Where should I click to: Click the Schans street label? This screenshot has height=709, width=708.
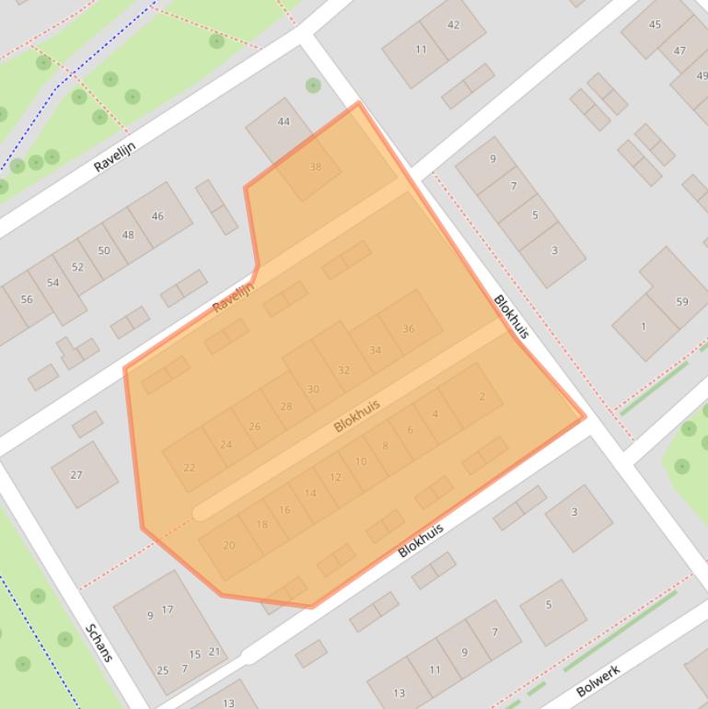(99, 643)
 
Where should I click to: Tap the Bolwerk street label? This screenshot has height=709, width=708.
(598, 680)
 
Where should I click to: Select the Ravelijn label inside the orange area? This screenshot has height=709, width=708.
(233, 297)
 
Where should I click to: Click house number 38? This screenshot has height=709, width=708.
(316, 167)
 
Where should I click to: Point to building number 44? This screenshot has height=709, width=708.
(284, 122)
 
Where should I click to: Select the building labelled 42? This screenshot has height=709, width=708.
(453, 25)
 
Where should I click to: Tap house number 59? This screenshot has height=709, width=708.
(682, 301)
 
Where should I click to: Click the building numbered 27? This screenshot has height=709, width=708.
(76, 475)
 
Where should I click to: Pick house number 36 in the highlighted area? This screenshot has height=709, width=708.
(408, 329)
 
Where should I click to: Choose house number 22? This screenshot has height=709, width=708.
(190, 468)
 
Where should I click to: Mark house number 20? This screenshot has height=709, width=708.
(228, 545)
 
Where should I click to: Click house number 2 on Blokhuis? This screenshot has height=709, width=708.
(482, 397)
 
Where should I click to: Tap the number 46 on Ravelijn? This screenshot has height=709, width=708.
(157, 216)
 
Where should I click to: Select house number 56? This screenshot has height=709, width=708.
(27, 299)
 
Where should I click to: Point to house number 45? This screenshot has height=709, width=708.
(655, 25)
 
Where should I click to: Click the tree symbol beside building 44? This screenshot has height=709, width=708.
(313, 86)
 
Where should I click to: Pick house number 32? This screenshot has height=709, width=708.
(343, 370)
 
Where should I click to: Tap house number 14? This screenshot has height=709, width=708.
(309, 494)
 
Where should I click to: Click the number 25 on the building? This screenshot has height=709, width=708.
(163, 670)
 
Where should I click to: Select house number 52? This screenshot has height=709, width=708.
(77, 268)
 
